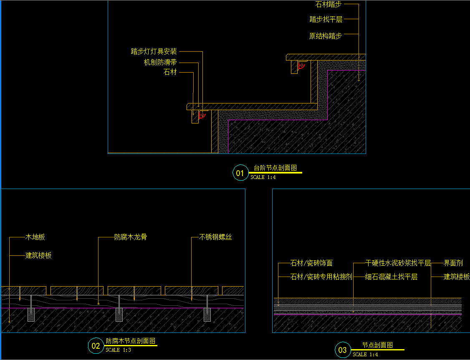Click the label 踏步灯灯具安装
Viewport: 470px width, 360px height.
coord(154,51)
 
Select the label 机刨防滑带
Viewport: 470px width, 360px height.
coord(160,62)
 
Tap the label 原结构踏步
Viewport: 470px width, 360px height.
coord(326,36)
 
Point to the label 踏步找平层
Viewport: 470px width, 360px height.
coord(326,20)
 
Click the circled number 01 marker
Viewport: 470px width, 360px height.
coord(240,173)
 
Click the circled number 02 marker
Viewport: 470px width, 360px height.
coord(96,346)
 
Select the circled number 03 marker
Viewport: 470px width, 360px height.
coord(343,350)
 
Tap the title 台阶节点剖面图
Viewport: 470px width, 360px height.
coord(275,168)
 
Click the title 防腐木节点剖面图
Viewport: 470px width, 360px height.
coord(131,341)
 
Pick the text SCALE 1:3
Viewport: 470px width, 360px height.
coord(119,350)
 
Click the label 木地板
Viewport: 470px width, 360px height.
coord(35,237)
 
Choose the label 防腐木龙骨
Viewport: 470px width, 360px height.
coord(131,237)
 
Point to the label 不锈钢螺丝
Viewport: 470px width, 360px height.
coord(215,237)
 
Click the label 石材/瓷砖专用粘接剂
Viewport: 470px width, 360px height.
coord(321,277)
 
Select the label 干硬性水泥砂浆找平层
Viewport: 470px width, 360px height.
coord(398,263)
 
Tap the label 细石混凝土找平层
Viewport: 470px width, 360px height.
coord(391,277)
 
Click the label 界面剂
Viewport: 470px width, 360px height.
coord(453,263)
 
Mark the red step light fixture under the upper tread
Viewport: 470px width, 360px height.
coord(301,65)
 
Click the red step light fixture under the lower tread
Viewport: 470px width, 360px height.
coord(202,115)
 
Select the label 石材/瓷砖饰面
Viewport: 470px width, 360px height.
coord(311,263)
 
